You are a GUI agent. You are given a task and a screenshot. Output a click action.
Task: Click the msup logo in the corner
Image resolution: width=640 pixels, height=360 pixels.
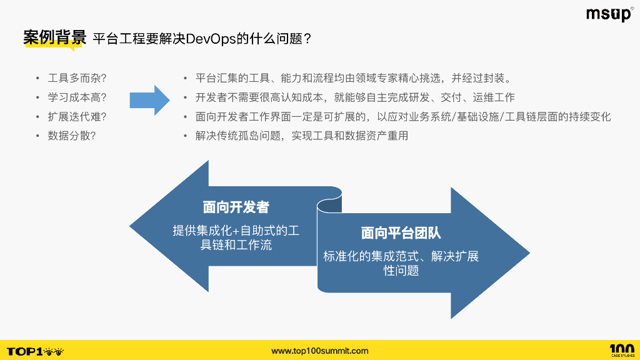tap(609, 14)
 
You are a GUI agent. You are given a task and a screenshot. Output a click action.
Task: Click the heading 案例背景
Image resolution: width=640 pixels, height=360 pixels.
tap(54, 37)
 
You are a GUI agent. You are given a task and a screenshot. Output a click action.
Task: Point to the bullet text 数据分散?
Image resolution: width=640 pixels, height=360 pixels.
tap(72, 135)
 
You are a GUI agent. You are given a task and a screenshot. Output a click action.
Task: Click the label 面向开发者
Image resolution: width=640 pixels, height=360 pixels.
tap(236, 207)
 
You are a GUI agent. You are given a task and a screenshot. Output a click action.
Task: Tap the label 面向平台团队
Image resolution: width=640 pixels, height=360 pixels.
tap(401, 233)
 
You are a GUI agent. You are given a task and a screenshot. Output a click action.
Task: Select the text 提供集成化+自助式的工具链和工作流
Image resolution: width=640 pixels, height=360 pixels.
tap(236, 237)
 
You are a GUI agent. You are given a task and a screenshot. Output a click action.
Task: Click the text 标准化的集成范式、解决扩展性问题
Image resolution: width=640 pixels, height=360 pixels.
tap(401, 263)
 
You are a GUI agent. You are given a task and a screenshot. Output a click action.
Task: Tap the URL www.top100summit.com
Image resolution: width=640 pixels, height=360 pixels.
tap(320, 351)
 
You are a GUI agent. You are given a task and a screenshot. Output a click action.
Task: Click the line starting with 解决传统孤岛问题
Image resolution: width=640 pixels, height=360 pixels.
tap(302, 135)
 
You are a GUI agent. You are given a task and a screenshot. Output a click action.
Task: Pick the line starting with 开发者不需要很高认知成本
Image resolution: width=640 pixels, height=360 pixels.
tap(355, 97)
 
